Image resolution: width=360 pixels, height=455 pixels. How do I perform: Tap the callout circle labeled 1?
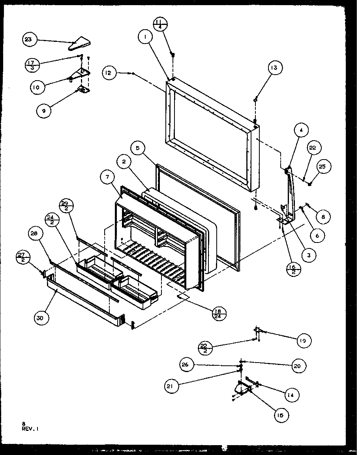coord(146,38)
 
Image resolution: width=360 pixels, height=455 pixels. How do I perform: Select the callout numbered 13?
coord(274,68)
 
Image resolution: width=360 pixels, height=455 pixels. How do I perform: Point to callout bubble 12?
coord(110,73)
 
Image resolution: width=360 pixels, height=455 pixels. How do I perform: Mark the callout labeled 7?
coord(107,178)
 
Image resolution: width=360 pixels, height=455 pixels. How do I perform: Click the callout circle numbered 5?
coord(137,149)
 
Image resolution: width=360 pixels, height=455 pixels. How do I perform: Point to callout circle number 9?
coord(44,111)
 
